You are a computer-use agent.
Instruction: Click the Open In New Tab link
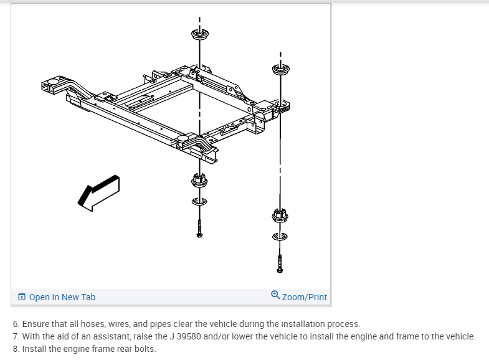pos(62,297)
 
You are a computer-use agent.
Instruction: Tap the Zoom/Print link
pos(304,297)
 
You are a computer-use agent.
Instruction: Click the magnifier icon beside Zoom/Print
pos(276,296)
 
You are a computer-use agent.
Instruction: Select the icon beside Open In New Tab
pos(22,297)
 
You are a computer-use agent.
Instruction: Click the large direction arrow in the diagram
pos(98,191)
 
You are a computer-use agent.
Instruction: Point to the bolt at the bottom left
pos(199,228)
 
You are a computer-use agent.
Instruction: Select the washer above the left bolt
pos(199,202)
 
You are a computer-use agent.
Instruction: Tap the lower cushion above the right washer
pos(280,215)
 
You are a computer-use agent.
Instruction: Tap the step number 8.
pos(16,349)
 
